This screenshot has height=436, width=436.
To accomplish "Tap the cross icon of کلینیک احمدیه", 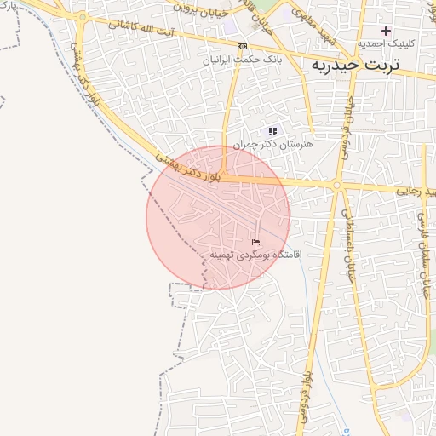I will coord(386,31).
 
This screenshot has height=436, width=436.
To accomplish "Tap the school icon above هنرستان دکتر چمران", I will coord(272,131).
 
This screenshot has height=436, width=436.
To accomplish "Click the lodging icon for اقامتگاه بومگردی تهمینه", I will coord(255,243).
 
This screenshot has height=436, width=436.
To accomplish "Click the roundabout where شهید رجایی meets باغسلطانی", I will coord(337,185).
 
